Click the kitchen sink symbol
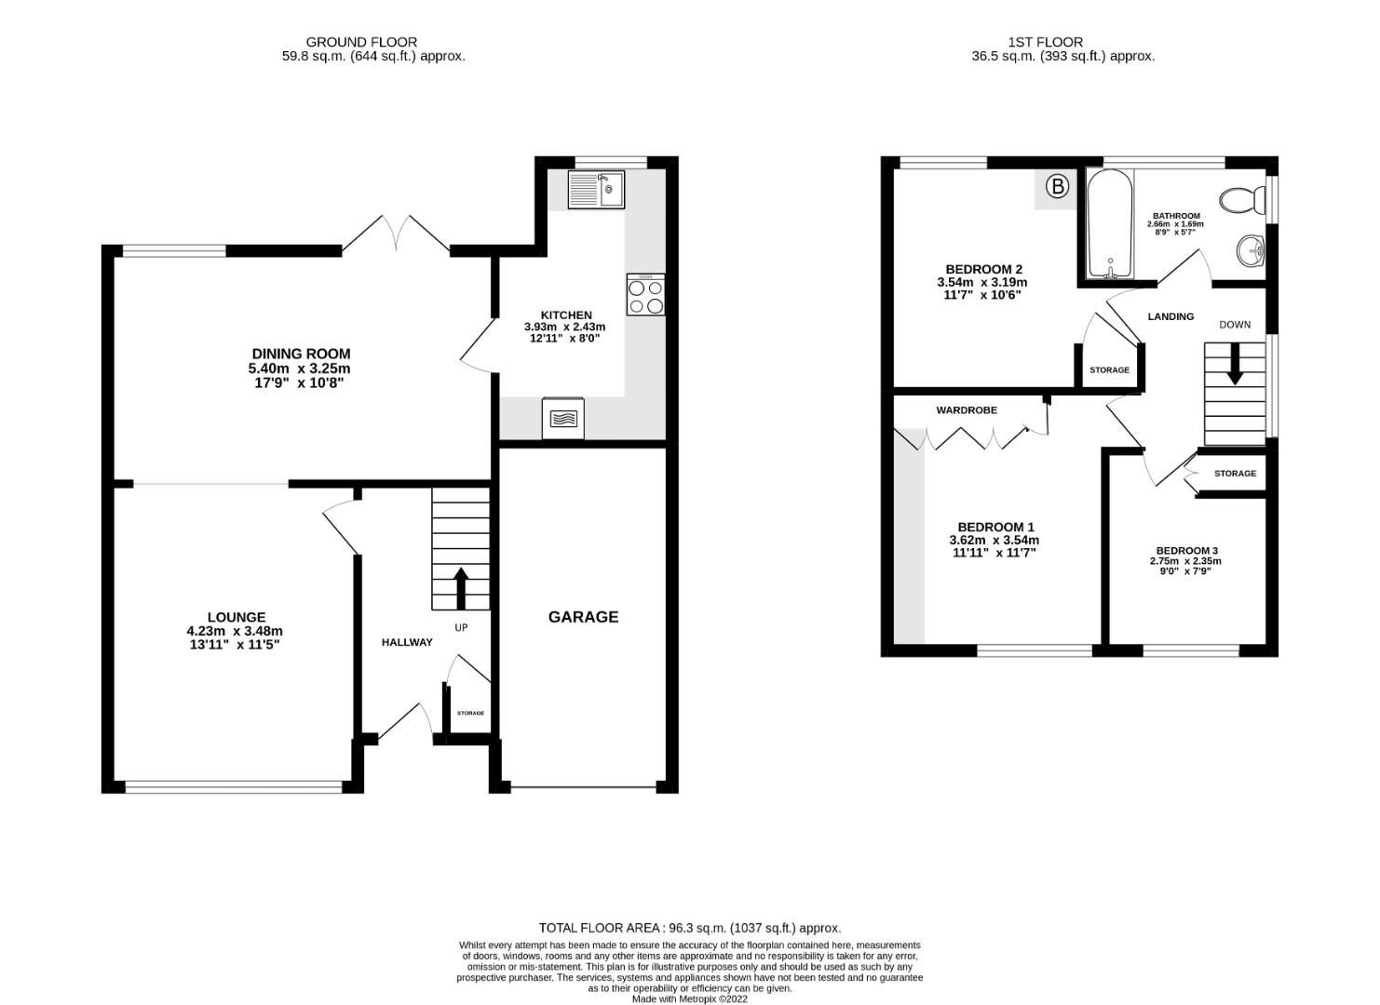[596, 191]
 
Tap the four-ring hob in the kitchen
[645, 295]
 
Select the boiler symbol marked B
[1057, 187]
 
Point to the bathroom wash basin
[1251, 250]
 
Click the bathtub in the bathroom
[1109, 226]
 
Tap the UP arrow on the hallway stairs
[460, 586]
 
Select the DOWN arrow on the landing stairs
[1235, 364]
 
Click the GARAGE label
[583, 617]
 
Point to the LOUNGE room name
[237, 617]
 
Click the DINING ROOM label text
[301, 354]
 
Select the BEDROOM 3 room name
[1186, 550]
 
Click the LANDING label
[1170, 316]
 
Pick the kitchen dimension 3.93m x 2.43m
[564, 327]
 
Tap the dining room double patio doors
[397, 234]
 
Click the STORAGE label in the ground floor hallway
[470, 713]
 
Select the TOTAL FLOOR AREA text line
[689, 928]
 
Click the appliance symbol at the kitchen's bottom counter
[563, 418]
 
